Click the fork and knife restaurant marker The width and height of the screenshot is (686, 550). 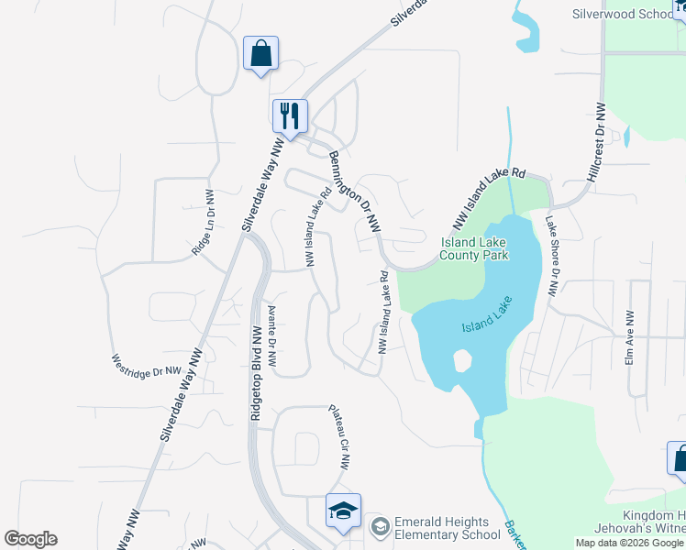point(290,116)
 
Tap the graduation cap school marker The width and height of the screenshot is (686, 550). point(343,511)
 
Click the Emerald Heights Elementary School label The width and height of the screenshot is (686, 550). point(448,528)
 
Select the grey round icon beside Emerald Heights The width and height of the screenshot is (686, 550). point(380,527)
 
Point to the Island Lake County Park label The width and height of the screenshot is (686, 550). point(474,248)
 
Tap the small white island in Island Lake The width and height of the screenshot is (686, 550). point(462,361)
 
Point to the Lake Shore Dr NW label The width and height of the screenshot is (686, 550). point(551,256)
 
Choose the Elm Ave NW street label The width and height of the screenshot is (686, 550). point(630,337)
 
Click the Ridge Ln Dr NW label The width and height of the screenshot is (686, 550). point(204,223)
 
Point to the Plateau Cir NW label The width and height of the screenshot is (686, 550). point(339,437)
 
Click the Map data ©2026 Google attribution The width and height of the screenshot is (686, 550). point(629,543)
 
